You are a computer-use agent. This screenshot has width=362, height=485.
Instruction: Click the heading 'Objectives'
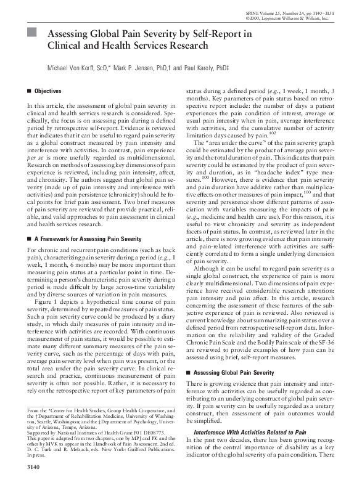coord(47,91)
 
